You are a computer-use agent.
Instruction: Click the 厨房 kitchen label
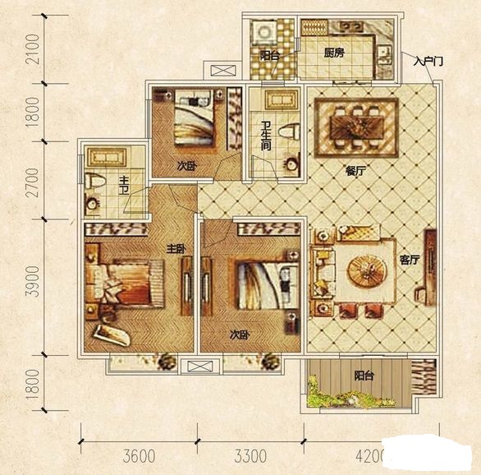[334, 53]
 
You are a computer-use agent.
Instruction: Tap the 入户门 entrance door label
[428, 62]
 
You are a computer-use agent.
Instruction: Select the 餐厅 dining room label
[356, 171]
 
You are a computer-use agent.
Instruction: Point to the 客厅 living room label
[410, 260]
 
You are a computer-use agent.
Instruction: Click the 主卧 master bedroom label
[176, 249]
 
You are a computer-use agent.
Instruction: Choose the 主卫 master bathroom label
[124, 185]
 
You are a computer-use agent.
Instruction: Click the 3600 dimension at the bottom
[139, 457]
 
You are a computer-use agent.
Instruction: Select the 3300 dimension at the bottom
[250, 457]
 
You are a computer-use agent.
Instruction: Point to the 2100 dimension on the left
[33, 49]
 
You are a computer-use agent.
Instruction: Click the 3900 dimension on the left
[33, 282]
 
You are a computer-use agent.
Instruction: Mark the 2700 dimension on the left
[33, 182]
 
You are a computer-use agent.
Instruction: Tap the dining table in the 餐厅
[357, 127]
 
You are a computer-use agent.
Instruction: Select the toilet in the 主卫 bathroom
[95, 181]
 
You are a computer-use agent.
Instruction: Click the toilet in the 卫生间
[289, 131]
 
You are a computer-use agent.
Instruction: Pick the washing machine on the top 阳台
[263, 33]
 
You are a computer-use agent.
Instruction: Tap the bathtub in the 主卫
[107, 157]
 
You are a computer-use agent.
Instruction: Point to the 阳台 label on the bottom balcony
[364, 376]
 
